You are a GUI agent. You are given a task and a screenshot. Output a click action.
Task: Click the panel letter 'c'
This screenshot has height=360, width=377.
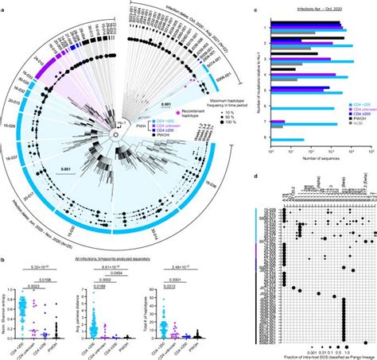point(253,8)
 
